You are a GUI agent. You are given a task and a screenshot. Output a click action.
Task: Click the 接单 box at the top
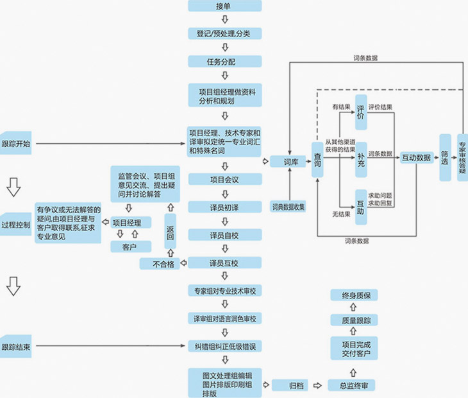click(224, 6)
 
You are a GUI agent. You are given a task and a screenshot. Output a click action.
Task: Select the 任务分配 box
click(224, 62)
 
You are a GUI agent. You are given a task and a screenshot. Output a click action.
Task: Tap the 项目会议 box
click(224, 180)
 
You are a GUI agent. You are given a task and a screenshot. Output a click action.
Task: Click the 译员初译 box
click(224, 207)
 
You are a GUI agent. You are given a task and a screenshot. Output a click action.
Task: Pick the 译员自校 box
click(224, 235)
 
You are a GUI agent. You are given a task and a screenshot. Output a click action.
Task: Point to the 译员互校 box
click(224, 263)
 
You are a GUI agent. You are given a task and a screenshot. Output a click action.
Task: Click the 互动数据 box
click(415, 157)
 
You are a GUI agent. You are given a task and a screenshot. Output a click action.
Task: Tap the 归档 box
click(296, 385)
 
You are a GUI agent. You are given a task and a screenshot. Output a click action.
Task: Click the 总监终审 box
click(352, 385)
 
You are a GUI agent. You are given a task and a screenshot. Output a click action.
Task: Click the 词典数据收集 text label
click(288, 207)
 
